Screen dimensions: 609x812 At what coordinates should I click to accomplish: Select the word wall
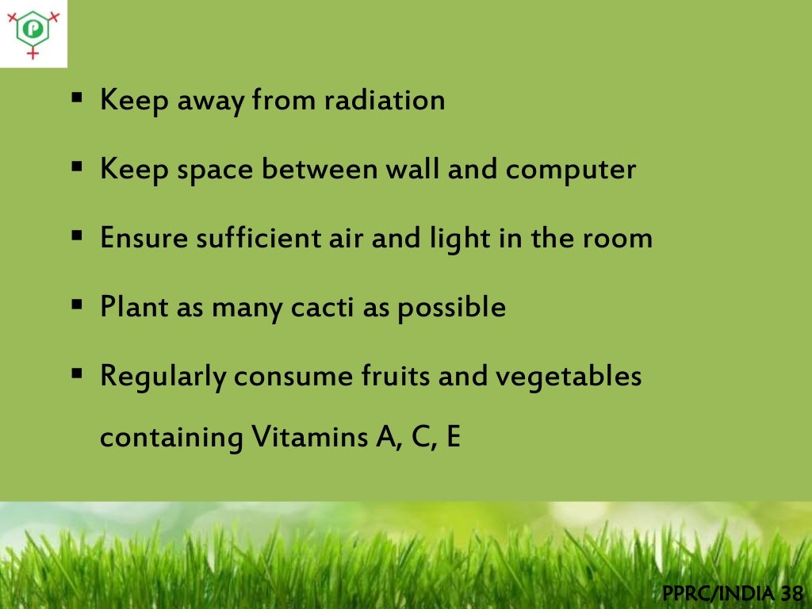pyautogui.click(x=413, y=169)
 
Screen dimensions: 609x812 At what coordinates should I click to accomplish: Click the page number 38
pyautogui.click(x=791, y=592)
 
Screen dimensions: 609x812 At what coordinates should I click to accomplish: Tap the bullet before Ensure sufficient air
pyautogui.click(x=77, y=237)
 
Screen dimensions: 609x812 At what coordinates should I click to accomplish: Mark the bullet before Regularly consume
pyautogui.click(x=77, y=373)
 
